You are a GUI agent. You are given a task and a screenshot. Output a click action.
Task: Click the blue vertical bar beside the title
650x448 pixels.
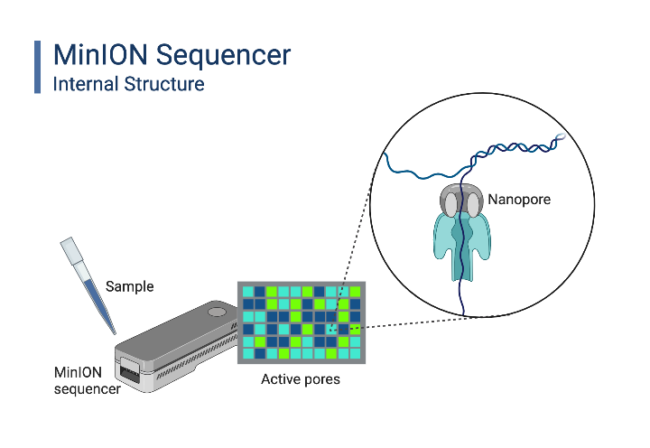click(38, 67)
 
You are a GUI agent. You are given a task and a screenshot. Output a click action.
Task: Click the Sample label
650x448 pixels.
click(130, 286)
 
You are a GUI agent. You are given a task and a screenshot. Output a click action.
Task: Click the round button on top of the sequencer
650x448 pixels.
click(216, 312)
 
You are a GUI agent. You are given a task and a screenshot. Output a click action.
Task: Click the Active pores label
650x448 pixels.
click(301, 379)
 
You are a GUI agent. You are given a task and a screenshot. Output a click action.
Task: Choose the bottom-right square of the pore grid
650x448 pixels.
click(355, 354)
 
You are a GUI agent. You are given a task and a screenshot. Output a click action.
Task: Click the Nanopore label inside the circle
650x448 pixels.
click(519, 197)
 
